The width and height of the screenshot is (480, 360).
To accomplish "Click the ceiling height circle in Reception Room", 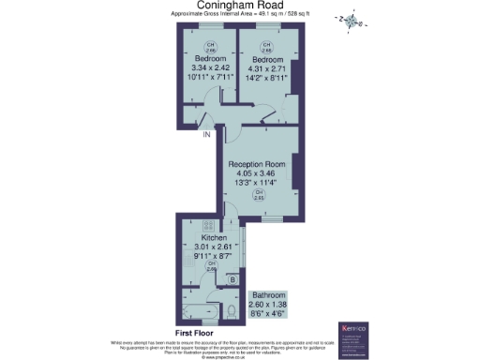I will (257, 194).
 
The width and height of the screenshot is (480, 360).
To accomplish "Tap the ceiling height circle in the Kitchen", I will (212, 265).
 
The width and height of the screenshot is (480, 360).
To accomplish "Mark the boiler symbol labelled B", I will (232, 278).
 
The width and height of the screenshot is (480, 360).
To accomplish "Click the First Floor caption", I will (196, 333).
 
